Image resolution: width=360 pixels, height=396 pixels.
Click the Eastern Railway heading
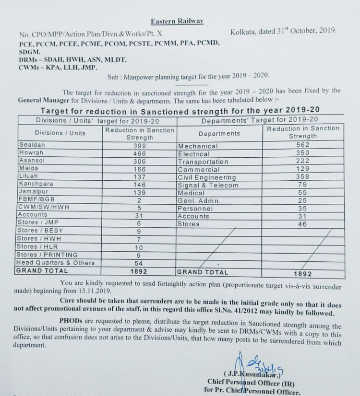coord(177,21)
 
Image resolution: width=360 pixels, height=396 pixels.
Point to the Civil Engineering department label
coord(207,177)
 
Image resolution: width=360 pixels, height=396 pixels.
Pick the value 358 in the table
coord(302,177)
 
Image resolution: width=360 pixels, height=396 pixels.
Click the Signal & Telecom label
coord(208,185)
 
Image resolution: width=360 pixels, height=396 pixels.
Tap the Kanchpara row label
coord(36,184)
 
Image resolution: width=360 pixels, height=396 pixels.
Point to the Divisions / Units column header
coord(60,133)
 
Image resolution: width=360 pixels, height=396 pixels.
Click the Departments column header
coord(219,133)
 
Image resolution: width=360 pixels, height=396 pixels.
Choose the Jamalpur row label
coord(34,192)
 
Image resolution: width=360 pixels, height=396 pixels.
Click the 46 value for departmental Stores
coord(302,224)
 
